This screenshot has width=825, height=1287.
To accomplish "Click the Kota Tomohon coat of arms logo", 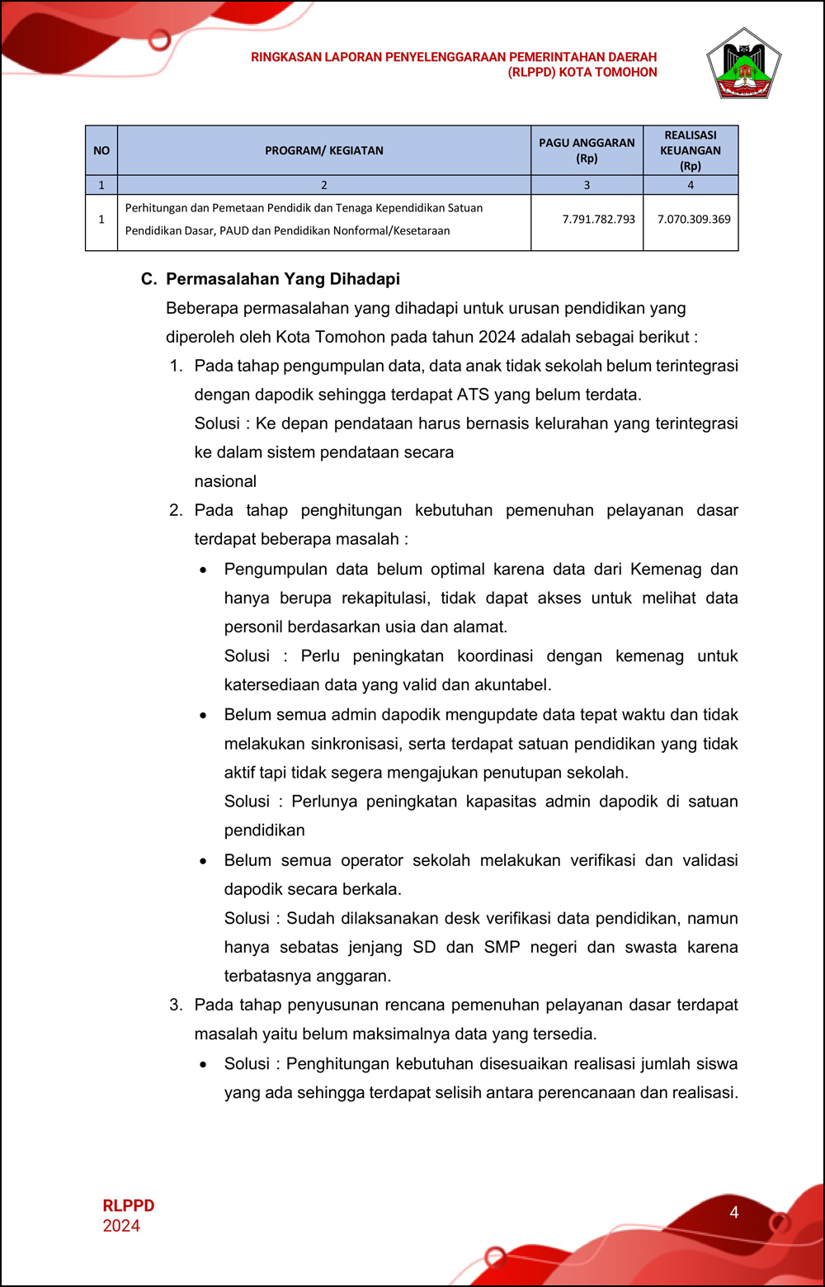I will click(x=743, y=64).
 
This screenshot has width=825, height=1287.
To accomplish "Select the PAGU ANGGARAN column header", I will click(x=587, y=150).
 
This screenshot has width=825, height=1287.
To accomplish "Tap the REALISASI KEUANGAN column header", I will click(x=691, y=150).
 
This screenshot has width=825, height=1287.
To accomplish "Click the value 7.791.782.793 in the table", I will click(x=598, y=220).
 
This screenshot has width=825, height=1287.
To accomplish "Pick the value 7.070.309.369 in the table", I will click(x=694, y=220).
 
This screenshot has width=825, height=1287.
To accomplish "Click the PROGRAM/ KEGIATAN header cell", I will click(x=324, y=150).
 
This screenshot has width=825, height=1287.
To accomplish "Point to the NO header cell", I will click(x=101, y=150).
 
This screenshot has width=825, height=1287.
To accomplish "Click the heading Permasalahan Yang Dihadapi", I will click(x=283, y=279).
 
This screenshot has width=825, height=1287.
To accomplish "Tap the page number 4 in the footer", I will click(x=733, y=1213).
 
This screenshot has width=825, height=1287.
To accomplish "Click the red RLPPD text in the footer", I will click(x=129, y=1206).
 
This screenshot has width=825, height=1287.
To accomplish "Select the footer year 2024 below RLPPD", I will click(x=121, y=1226).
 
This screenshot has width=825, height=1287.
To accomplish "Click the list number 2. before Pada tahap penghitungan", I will click(x=176, y=510).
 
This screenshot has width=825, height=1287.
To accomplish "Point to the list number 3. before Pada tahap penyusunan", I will click(x=176, y=1005).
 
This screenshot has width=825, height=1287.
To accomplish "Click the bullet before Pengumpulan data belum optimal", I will click(x=203, y=570).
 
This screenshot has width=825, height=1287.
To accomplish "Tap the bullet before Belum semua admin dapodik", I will click(x=203, y=716).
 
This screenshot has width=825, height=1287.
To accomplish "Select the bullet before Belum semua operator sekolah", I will click(x=203, y=861).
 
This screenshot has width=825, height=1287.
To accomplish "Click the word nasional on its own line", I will click(x=225, y=481).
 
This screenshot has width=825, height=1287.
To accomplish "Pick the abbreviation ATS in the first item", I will click(x=473, y=395).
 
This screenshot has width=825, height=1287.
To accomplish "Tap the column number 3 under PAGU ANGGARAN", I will click(x=587, y=185).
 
